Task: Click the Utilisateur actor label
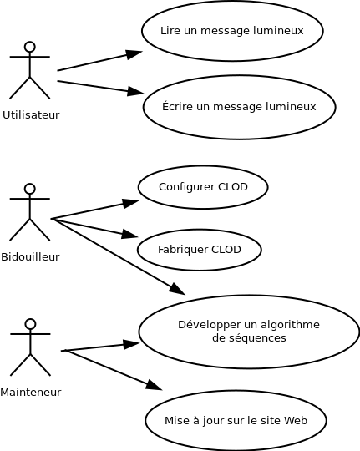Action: click(31, 114)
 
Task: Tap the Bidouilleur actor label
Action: click(30, 256)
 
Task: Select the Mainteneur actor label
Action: click(31, 392)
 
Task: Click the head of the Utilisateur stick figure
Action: click(29, 47)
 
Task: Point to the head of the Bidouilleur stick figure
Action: click(29, 189)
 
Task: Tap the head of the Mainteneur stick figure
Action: click(30, 324)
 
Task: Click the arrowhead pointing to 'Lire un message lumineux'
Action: click(134, 54)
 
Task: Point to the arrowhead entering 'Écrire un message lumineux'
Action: click(135, 92)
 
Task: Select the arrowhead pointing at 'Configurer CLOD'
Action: click(131, 203)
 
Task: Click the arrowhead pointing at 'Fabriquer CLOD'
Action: click(130, 234)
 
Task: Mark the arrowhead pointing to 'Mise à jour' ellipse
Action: click(155, 385)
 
